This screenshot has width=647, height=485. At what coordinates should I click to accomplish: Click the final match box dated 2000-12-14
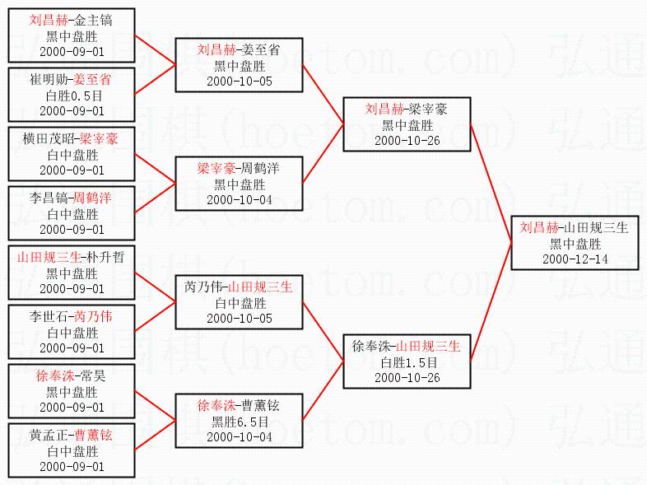(x=573, y=243)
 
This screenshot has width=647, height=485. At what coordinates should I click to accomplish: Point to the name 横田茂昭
(x=49, y=139)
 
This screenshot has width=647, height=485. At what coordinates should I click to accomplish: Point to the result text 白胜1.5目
(x=407, y=362)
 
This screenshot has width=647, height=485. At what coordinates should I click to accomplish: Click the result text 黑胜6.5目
(x=239, y=421)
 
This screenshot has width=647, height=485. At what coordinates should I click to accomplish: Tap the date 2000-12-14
(x=573, y=259)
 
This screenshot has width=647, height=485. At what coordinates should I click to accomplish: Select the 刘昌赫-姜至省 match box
(x=239, y=66)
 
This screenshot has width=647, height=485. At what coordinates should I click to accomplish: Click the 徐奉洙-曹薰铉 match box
(x=239, y=420)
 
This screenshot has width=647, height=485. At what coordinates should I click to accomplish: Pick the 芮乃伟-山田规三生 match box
(x=239, y=302)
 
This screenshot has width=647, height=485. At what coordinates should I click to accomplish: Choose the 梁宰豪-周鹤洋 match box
(x=239, y=184)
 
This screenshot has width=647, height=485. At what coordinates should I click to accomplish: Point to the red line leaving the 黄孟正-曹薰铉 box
(x=155, y=436)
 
